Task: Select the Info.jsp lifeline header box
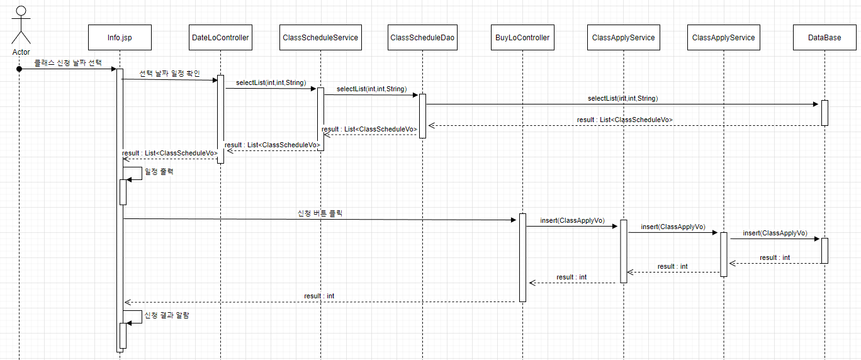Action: coord(120,38)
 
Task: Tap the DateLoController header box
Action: coord(220,38)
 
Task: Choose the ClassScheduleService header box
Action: coord(320,38)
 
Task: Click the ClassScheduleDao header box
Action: coord(422,38)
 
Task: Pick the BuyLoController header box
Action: coord(522,38)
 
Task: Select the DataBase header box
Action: coord(824,38)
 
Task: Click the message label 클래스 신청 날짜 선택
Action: coord(68,62)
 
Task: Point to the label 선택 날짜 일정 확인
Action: coord(169,74)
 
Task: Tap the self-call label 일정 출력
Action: coord(159,171)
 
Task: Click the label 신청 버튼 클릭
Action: coord(320,213)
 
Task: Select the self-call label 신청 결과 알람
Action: coord(167,315)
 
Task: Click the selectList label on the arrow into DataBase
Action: coord(622,98)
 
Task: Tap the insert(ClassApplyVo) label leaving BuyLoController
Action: coord(572,220)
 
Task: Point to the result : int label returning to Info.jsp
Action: coord(319,296)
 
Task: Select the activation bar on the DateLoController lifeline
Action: coord(221,119)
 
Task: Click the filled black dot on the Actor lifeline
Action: coord(20,69)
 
